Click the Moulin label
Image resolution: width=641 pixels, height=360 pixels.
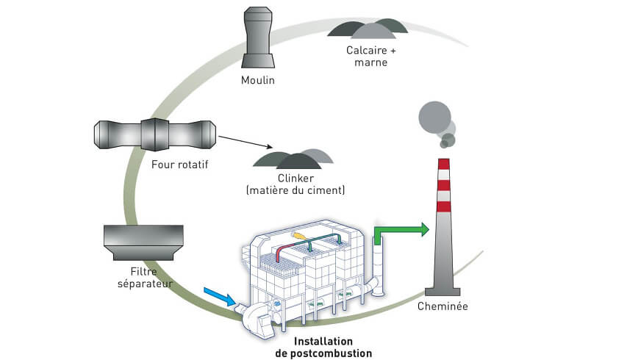[x=257, y=80]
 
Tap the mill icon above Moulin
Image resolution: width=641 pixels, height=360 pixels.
[x=257, y=37]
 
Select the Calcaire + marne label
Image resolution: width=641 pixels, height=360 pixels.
[x=366, y=57]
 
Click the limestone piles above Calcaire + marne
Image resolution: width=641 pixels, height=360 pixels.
[x=368, y=28]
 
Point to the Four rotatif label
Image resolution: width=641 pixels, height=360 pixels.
[x=179, y=164]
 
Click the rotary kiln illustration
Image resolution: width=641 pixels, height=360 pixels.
[x=155, y=134]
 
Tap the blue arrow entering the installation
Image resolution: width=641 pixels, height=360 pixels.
[x=220, y=295]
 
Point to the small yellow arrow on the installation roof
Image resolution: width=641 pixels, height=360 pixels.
[x=300, y=236]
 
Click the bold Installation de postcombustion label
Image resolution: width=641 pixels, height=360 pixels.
[x=323, y=348]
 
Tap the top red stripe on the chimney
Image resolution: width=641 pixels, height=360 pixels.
[x=443, y=164]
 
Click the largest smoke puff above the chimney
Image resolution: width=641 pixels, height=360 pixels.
[x=433, y=116]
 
